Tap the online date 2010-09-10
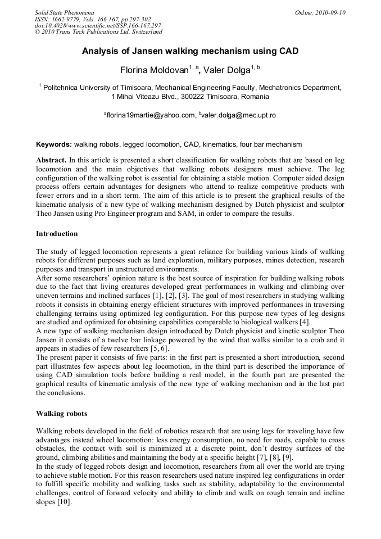coord(329,12)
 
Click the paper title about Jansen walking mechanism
coord(190,51)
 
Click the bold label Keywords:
coord(54,144)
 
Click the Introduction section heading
coord(57,233)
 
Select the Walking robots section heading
coord(61,413)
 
